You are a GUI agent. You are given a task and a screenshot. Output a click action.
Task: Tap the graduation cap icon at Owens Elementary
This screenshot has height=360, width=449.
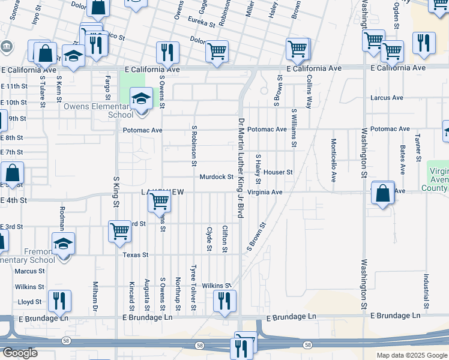[x=141, y=99]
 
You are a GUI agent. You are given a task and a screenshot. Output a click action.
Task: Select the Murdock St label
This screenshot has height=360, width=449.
[x=216, y=177]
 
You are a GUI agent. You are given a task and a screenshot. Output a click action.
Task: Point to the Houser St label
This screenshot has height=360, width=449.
[x=277, y=172]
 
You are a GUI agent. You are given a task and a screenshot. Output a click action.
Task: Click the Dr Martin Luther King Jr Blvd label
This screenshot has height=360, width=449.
[x=241, y=167]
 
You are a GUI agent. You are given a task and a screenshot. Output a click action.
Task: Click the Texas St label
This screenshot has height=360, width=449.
[x=136, y=255]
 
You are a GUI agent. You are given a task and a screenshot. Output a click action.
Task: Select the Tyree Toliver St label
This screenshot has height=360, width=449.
[x=193, y=289]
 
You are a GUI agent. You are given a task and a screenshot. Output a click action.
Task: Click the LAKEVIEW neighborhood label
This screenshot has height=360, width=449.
[x=161, y=192]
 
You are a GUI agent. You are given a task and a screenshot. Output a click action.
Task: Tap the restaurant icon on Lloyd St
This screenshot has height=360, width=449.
[x=59, y=300]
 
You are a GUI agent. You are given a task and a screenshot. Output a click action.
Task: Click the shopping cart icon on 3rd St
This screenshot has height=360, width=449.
[x=120, y=231]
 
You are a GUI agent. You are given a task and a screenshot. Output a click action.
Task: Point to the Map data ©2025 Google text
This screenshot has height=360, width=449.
[x=410, y=355]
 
